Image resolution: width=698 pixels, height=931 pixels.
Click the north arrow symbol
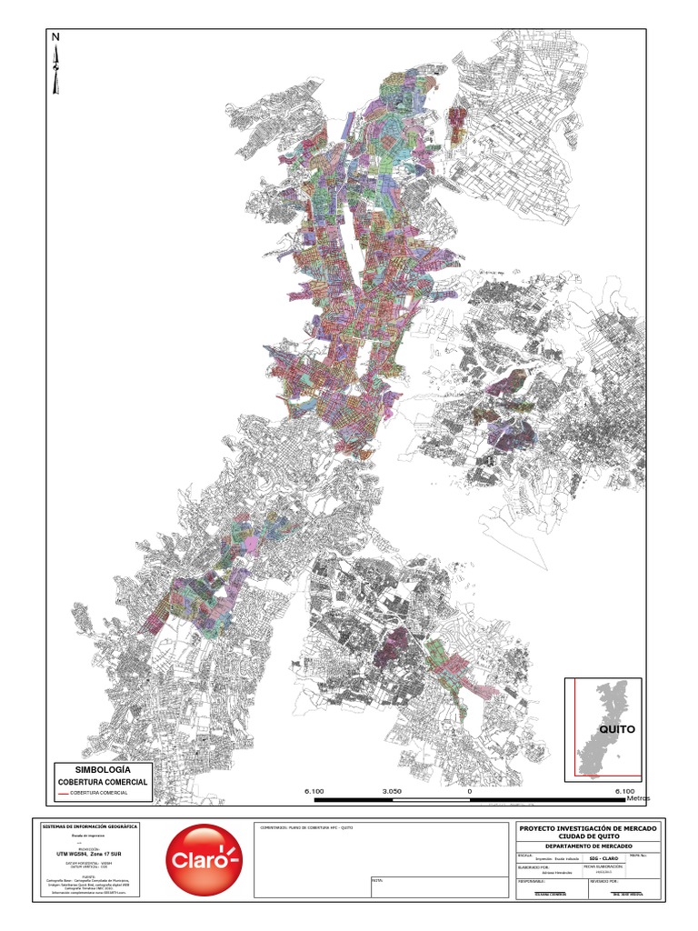[56, 68]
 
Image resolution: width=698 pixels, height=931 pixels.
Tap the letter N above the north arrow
[55, 37]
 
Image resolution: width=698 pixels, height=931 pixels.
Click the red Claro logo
[204, 859]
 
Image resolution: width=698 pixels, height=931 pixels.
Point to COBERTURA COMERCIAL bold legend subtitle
[103, 782]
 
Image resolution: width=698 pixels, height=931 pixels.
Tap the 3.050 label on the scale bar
[392, 792]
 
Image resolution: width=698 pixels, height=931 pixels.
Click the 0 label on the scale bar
[470, 792]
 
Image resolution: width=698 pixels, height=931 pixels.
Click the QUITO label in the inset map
[617, 729]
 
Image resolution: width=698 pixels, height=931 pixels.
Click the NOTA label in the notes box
[379, 880]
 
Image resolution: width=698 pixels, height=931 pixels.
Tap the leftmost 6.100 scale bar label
[314, 792]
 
